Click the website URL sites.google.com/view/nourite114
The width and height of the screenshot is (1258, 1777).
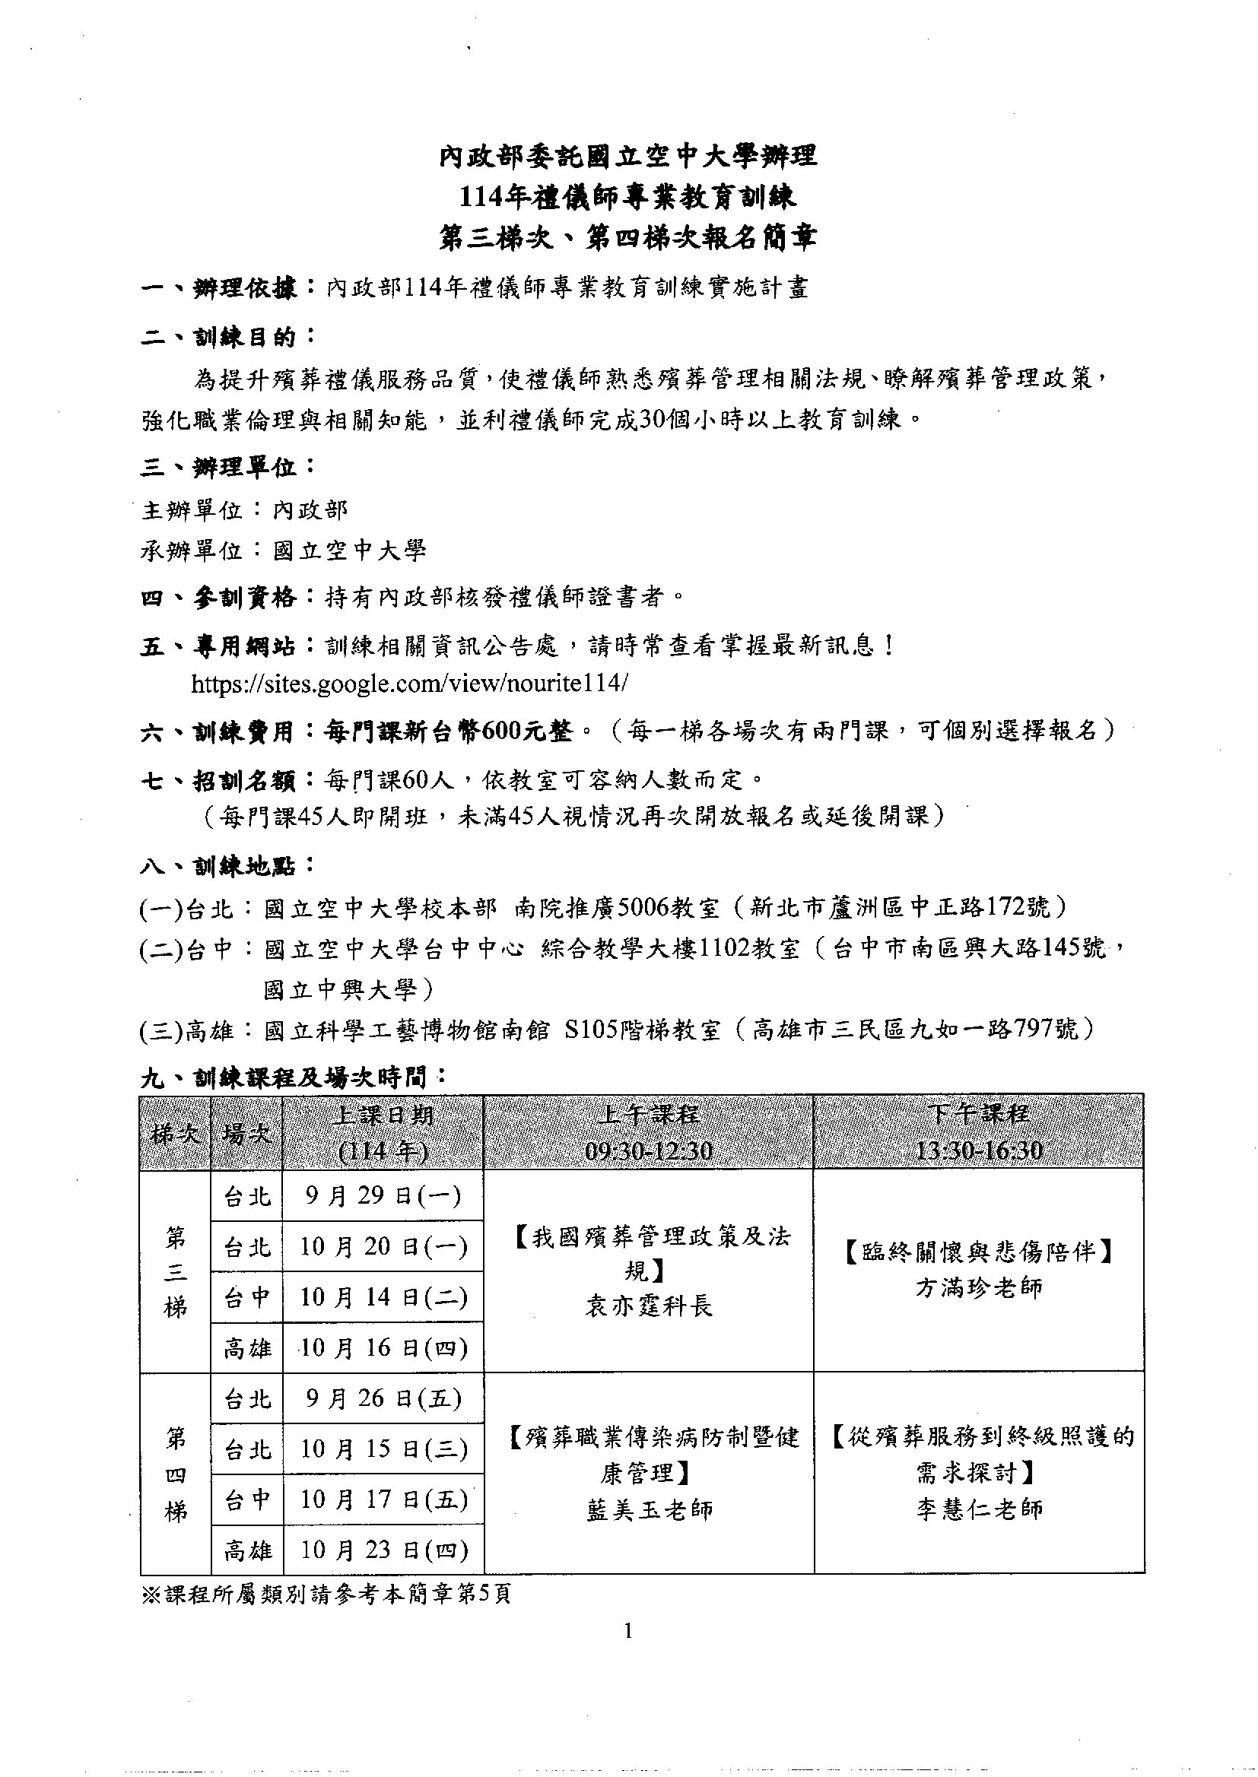(x=410, y=683)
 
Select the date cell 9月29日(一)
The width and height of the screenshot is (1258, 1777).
(x=383, y=1196)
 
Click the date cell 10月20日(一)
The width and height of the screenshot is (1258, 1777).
(x=383, y=1246)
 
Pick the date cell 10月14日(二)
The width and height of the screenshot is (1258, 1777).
(x=383, y=1297)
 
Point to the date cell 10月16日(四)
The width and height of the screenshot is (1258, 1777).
(x=383, y=1348)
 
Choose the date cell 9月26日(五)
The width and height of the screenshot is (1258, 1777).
(x=383, y=1398)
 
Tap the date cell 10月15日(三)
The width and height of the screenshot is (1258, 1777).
(x=383, y=1449)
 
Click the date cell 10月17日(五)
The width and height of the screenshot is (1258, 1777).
(x=383, y=1499)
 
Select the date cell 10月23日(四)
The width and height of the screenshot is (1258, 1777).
(x=383, y=1550)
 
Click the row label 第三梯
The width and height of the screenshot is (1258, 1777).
(x=176, y=1272)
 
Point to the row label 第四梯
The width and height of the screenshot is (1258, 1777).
(x=176, y=1475)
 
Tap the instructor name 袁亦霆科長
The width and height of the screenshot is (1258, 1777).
(x=648, y=1306)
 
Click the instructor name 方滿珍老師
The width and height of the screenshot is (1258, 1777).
(x=978, y=1287)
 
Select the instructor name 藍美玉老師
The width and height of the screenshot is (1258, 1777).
(x=648, y=1509)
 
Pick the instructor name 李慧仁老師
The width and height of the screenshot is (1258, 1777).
(x=978, y=1509)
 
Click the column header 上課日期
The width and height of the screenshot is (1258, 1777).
(x=383, y=1115)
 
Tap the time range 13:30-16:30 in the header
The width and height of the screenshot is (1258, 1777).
(x=978, y=1150)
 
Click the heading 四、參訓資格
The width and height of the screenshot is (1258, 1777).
(x=218, y=597)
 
